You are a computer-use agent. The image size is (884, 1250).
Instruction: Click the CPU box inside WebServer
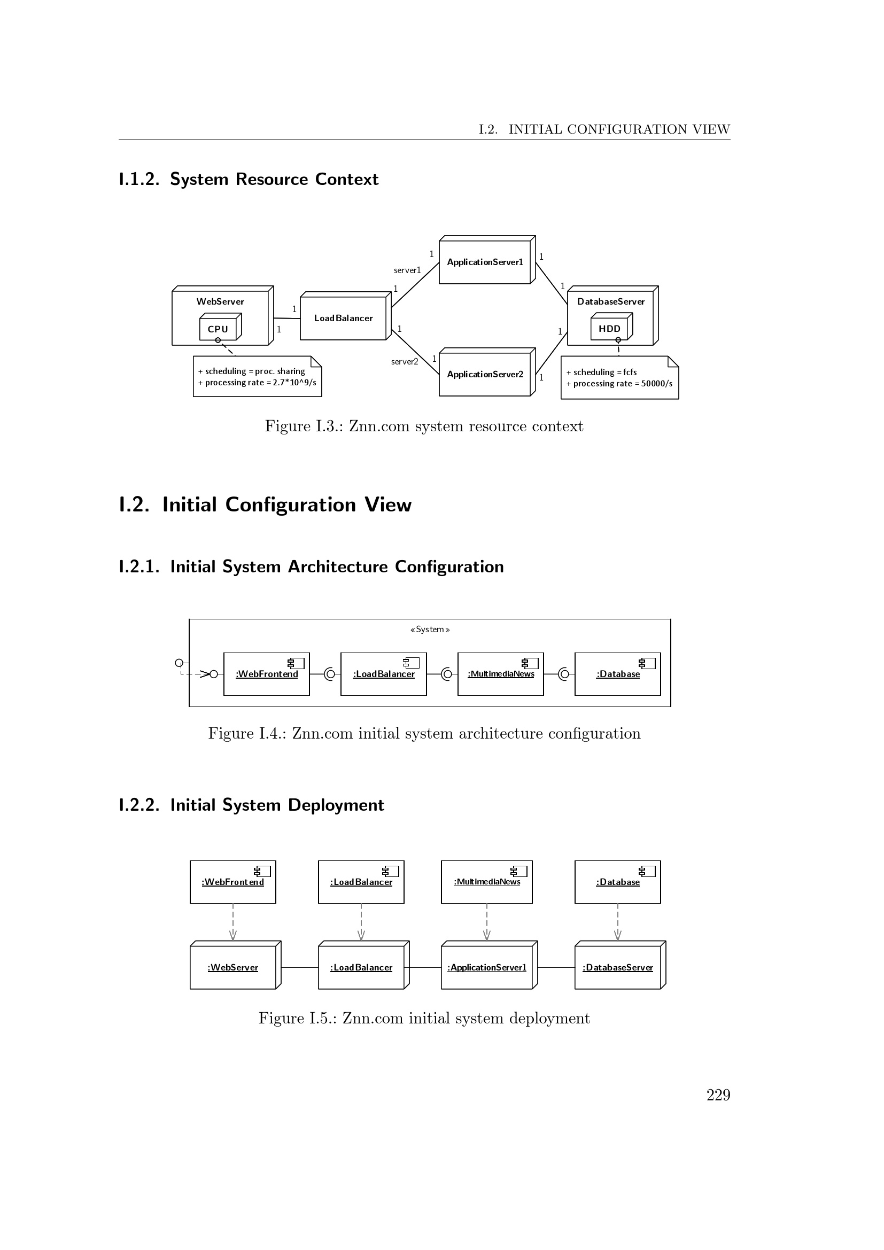coord(218,329)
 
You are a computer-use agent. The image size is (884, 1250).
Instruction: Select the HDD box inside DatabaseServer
coord(610,328)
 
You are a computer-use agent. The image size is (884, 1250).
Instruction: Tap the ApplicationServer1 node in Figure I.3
coord(485,262)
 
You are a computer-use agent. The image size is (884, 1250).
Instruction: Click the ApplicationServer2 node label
coord(485,374)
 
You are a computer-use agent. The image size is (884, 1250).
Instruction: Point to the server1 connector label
coord(407,270)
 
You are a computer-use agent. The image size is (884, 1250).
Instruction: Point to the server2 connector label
coord(405,361)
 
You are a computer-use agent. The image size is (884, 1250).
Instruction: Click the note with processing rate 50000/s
coord(619,378)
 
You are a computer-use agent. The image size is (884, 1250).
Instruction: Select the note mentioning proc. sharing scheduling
coord(257,377)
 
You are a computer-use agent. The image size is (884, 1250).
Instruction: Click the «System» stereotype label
coord(430,630)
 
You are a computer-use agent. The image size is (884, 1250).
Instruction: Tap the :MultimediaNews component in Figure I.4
coord(501,674)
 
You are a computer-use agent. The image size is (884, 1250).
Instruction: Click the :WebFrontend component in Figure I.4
coord(267,674)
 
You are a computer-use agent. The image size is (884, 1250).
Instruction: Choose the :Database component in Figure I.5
coord(618,882)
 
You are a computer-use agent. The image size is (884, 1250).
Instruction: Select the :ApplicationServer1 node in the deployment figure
coord(487,967)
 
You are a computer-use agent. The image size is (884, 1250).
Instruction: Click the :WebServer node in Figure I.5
coord(233,967)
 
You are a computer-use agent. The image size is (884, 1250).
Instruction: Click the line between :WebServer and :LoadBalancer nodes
coord(299,967)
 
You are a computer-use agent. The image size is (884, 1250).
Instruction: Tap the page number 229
coord(718,1095)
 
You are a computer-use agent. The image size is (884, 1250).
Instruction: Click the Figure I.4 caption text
coord(424,733)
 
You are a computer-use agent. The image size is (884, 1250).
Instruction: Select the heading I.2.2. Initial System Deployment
coord(252,805)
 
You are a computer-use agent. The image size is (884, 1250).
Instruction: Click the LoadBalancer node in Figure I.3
coord(344,318)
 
